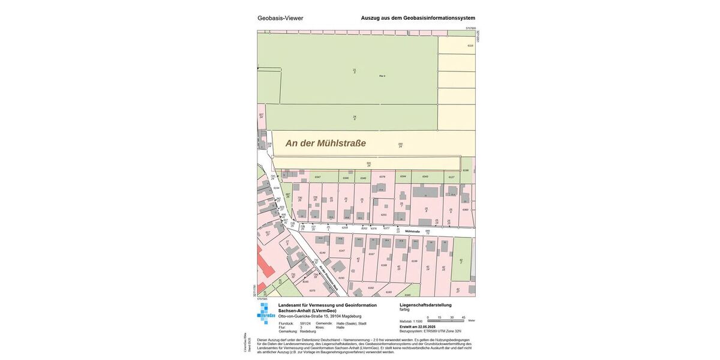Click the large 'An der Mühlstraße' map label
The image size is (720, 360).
pyautogui.click(x=325, y=143)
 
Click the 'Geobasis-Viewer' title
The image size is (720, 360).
pyautogui.click(x=280, y=18)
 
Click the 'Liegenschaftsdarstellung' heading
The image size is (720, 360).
pyautogui.click(x=425, y=305)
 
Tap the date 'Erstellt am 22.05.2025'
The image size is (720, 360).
pyautogui.click(x=422, y=326)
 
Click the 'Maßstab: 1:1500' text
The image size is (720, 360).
pyautogui.click(x=411, y=322)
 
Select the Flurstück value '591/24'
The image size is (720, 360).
pyautogui.click(x=305, y=323)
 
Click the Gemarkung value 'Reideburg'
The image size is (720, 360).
pyautogui.click(x=308, y=331)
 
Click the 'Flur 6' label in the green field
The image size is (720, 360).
pyautogui.click(x=382, y=76)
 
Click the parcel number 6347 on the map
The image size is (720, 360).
pyautogui.click(x=318, y=177)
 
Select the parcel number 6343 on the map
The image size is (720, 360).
pyautogui.click(x=425, y=176)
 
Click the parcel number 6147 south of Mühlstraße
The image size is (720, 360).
pyautogui.click(x=341, y=250)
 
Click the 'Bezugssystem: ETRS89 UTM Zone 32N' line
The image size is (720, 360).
pyautogui.click(x=430, y=331)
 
